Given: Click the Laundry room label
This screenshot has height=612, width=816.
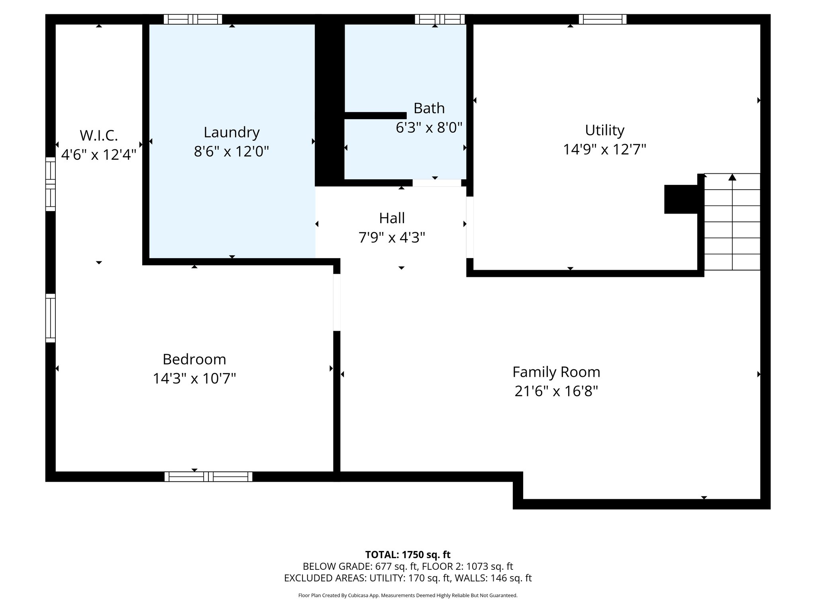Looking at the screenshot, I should tap(231, 132).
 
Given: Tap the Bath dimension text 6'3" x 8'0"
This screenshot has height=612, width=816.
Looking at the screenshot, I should tap(429, 127).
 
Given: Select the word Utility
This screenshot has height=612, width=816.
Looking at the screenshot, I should tap(604, 130).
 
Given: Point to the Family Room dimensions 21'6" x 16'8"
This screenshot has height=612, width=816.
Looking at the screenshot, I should tap(556, 391).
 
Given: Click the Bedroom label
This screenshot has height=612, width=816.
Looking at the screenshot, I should tap(194, 359).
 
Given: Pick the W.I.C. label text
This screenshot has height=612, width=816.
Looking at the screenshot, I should tap(99, 135).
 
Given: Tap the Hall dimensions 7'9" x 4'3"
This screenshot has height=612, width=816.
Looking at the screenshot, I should tap(392, 238).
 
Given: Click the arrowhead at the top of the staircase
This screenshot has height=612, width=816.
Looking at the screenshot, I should tap(732, 177).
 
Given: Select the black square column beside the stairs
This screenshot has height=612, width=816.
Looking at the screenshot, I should tap(681, 199).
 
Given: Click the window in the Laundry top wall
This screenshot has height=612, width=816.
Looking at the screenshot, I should tap(193, 19).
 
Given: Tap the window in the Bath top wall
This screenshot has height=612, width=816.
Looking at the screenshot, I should tap(439, 19).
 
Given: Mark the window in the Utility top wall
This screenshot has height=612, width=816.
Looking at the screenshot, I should tap(602, 19).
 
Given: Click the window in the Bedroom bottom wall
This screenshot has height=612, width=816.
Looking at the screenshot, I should tap(208, 477).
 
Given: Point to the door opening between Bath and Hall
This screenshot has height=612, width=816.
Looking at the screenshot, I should tap(437, 183).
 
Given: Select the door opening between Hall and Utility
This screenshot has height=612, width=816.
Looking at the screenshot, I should tap(470, 228).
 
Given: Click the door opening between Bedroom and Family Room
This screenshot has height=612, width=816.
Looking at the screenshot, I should tap(337, 302).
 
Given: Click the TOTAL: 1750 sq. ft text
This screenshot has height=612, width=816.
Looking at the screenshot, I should tap(408, 555).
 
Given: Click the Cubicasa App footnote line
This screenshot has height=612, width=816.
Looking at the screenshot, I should tap(408, 596).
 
